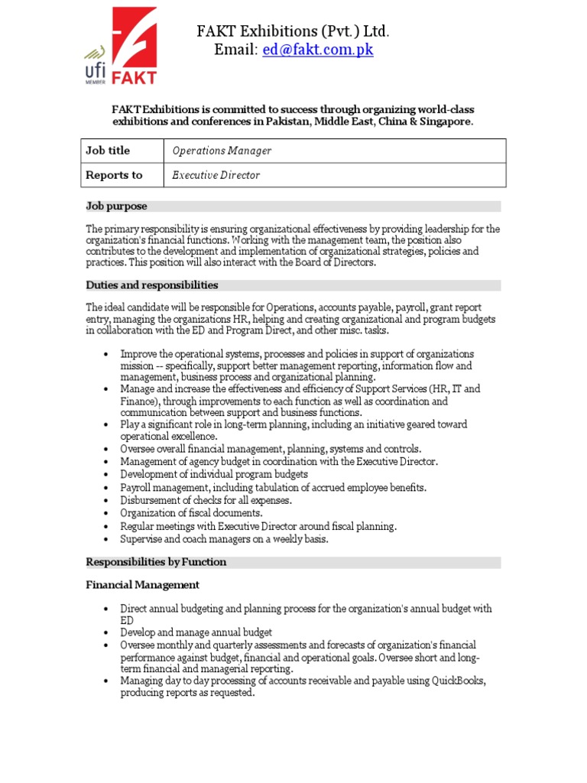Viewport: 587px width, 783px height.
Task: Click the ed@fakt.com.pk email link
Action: pyautogui.click(x=317, y=50)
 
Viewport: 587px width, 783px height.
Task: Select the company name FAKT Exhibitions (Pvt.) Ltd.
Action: pyautogui.click(x=293, y=31)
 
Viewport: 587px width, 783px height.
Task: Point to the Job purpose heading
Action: pyautogui.click(x=116, y=206)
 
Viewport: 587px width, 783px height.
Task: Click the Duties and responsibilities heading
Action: pyautogui.click(x=152, y=285)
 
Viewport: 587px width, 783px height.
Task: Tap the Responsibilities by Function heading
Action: pyautogui.click(x=156, y=562)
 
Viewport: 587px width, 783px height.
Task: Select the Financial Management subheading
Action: pyautogui.click(x=143, y=585)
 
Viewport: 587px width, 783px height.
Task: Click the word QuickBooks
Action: pyautogui.click(x=457, y=681)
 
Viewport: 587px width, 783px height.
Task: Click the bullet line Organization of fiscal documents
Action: pyautogui.click(x=191, y=513)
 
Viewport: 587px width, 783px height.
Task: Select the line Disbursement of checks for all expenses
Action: pyautogui.click(x=206, y=500)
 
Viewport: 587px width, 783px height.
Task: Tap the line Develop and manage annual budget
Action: pyautogui.click(x=196, y=632)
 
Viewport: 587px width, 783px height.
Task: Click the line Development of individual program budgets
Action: pyautogui.click(x=214, y=475)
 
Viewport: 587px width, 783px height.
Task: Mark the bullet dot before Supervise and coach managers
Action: pyautogui.click(x=105, y=539)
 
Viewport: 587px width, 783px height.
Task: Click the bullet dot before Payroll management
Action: pyautogui.click(x=105, y=488)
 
